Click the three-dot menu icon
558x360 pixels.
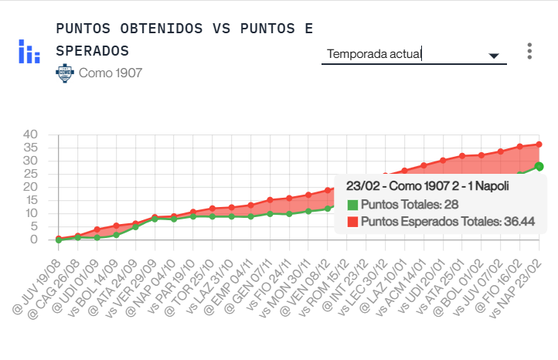coord(529,51)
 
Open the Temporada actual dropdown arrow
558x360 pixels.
coord(494,56)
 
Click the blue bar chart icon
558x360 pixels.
coord(29,51)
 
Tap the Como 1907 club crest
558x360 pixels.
coord(64,73)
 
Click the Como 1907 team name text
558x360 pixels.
coord(111,73)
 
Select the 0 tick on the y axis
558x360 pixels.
coord(33,239)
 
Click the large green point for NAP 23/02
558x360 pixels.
coord(539,166)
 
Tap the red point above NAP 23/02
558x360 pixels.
coord(539,144)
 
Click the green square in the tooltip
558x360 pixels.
coord(352,205)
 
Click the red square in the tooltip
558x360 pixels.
coord(352,221)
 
